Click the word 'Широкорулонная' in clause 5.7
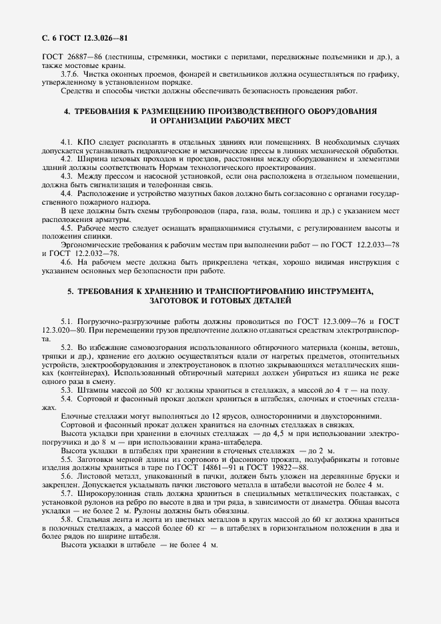pos(108,493)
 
